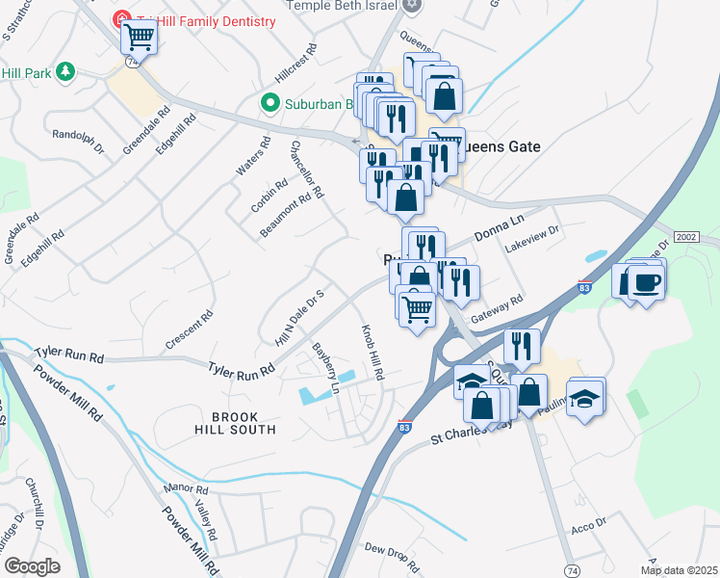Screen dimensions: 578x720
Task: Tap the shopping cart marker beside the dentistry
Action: (140, 38)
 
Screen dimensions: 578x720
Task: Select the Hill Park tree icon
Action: (65, 71)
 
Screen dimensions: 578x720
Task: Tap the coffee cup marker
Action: (647, 281)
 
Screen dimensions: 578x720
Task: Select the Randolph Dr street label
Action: (79, 142)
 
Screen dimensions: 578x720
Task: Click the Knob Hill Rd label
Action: (373, 351)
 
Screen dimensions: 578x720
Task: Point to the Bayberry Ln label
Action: (324, 369)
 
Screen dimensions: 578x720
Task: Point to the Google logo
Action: (32, 566)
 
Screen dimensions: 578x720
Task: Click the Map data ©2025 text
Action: (680, 571)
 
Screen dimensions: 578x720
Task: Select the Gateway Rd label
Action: (497, 309)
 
